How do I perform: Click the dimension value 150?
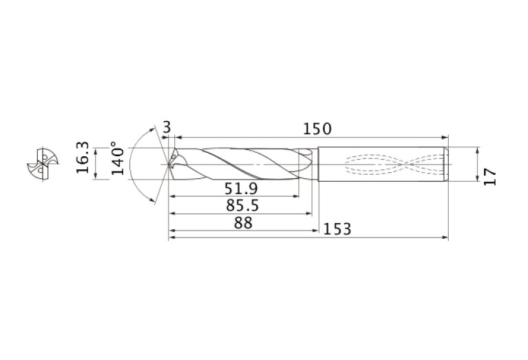point(317,129)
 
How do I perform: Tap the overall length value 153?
point(337,229)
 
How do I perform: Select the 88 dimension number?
point(243,223)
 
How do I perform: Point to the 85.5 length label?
point(242,205)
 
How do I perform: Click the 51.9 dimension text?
point(241,189)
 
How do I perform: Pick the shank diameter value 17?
point(490,177)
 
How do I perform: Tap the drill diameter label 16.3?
point(83,158)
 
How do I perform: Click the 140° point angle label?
point(118,158)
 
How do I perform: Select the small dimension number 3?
point(167,127)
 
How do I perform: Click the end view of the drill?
point(43,165)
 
